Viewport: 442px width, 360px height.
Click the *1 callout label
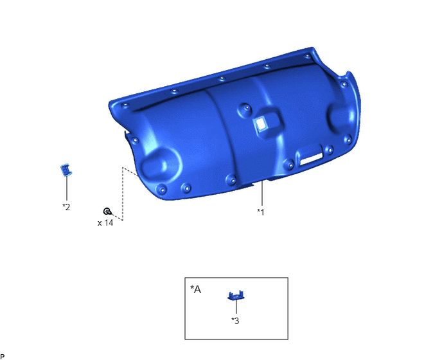[261, 212]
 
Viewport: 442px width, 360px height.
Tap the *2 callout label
[66, 207]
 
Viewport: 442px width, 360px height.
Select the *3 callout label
[235, 321]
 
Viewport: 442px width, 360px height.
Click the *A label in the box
[196, 289]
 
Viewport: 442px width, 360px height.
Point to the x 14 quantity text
[105, 223]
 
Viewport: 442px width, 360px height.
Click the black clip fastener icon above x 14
[107, 211]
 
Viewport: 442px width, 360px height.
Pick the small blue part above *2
[66, 170]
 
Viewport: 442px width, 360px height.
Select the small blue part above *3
[236, 295]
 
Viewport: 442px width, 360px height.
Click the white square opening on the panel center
[261, 124]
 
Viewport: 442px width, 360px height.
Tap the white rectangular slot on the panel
[311, 159]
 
